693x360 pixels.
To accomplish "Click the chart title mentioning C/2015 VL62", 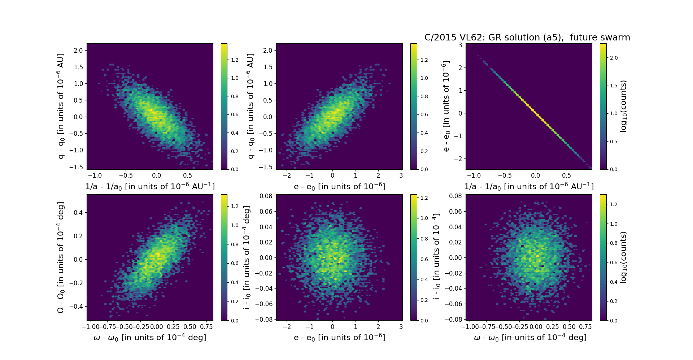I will pos(527,38).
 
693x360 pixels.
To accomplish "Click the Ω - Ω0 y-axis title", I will pos(61,257).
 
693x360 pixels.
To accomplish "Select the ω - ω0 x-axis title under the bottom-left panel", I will pos(150,338).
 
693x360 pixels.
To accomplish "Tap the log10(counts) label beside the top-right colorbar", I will pos(623,106).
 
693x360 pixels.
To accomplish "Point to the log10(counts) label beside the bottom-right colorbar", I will pos(623,257).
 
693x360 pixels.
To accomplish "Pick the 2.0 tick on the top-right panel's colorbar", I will pos(614,58).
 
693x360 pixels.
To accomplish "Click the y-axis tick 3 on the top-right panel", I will pos(460,45).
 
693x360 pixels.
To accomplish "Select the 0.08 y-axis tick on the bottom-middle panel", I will pos(266,196).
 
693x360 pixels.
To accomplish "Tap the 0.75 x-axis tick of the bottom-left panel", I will pos(206,327).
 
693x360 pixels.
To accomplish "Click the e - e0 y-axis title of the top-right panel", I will pos(446,106).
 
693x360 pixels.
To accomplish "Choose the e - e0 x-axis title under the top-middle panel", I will pos(339,187).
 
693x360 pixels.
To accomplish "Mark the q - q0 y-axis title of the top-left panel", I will pos(61,106).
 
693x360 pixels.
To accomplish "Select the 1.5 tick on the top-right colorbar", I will pos(614,86).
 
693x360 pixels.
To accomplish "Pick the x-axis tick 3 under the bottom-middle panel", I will pos(401,327).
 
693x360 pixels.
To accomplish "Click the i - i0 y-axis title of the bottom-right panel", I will pos(436,257).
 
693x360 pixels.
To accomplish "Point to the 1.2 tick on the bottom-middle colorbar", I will pos(424,198).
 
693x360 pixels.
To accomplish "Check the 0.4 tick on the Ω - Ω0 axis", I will pos(78,213).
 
